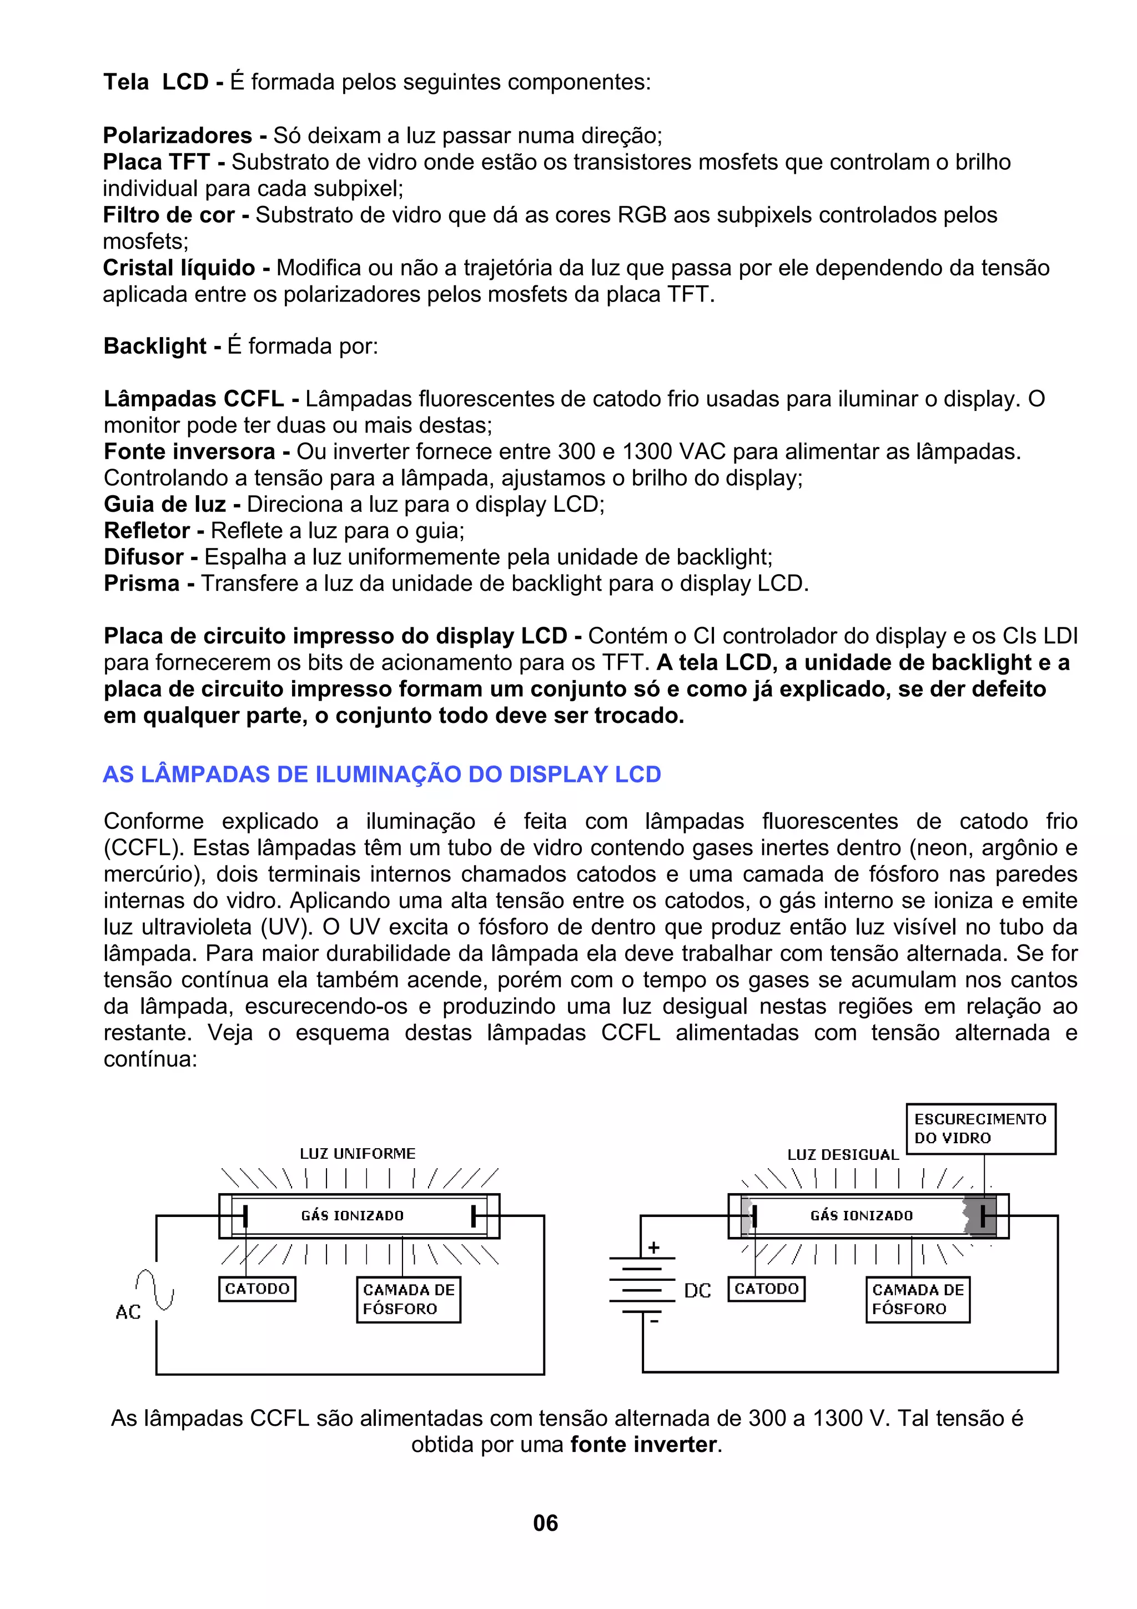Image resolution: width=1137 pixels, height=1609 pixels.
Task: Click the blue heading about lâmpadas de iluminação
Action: pos(382,775)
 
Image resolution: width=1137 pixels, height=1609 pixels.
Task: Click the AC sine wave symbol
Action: pos(155,1289)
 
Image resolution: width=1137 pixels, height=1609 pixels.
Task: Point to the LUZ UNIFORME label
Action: pos(358,1154)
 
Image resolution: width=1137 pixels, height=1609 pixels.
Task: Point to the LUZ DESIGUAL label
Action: pos(843,1155)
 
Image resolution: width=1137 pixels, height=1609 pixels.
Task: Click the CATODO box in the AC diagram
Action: pos(257,1289)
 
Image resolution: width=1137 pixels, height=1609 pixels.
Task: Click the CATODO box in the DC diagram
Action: pos(766,1289)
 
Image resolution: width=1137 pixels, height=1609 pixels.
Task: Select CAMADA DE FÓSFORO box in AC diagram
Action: pos(409,1299)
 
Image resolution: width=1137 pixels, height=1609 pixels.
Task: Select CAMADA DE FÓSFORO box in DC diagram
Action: pos(918,1299)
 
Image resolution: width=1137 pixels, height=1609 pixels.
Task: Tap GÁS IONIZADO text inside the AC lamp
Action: pos(353,1216)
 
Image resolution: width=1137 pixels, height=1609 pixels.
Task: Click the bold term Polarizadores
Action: pos(177,135)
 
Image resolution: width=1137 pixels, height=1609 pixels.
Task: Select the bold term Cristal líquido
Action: pos(179,268)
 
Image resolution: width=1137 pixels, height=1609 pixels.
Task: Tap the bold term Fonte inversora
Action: pos(189,451)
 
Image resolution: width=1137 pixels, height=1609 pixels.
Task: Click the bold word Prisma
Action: pos(142,583)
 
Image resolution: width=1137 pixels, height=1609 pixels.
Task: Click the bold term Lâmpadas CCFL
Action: pos(194,399)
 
